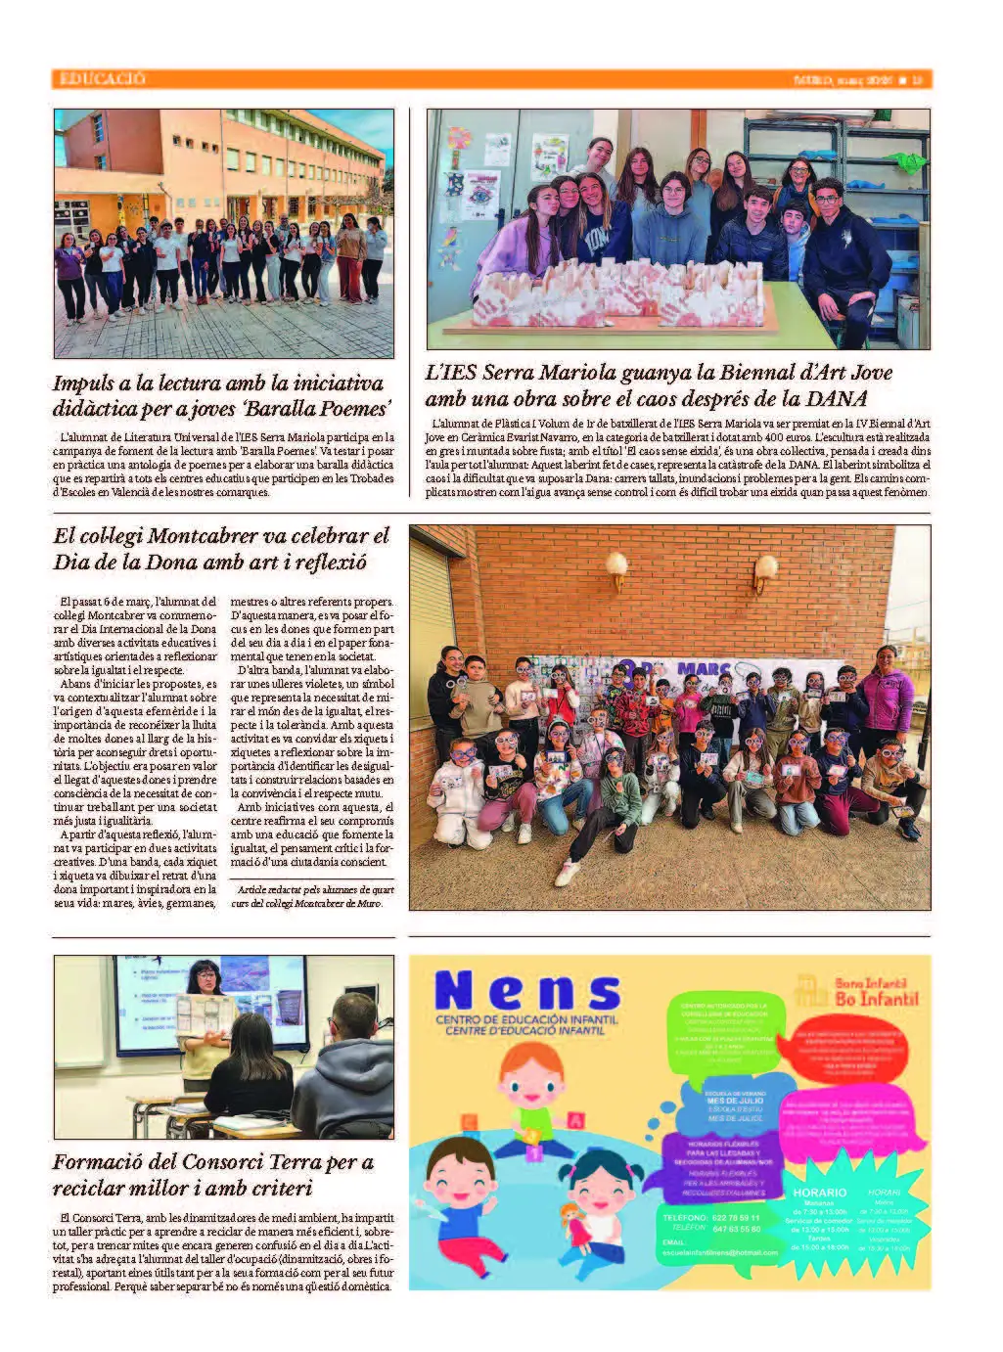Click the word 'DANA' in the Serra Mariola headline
pyautogui.click(x=837, y=399)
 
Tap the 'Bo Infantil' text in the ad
pyautogui.click(x=877, y=998)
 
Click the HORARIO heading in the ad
pyautogui.click(x=819, y=1193)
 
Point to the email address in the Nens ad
pyautogui.click(x=719, y=1252)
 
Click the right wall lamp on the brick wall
pyautogui.click(x=762, y=571)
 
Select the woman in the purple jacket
pyautogui.click(x=888, y=690)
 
